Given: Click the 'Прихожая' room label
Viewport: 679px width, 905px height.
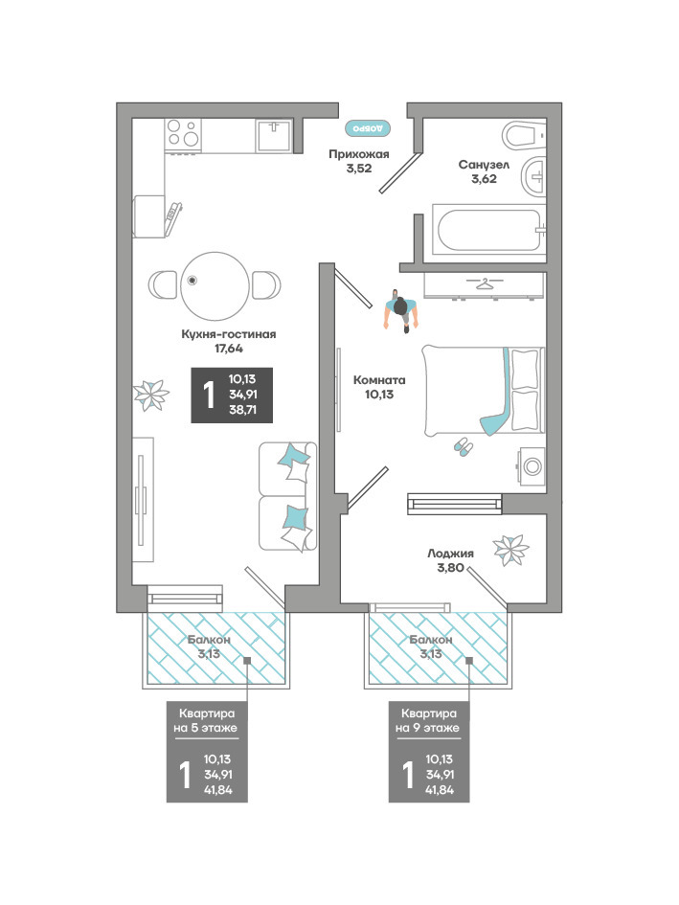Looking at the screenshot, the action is (358, 154).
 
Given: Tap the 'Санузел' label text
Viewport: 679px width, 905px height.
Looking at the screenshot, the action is (484, 165).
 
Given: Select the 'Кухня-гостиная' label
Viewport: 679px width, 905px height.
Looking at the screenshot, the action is (229, 334).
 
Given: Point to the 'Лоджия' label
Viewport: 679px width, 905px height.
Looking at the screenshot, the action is (450, 554).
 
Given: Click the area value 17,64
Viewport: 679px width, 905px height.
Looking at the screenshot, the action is (229, 349).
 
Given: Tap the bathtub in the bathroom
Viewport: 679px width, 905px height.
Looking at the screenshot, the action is (489, 230).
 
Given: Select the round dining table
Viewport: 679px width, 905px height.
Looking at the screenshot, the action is (215, 285).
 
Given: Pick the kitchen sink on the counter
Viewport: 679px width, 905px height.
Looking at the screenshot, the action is (274, 134).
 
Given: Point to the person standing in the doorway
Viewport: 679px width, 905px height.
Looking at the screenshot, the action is (400, 311).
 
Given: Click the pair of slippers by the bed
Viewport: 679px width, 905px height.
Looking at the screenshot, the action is (463, 446).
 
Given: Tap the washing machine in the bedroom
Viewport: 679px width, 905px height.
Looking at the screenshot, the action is (532, 466).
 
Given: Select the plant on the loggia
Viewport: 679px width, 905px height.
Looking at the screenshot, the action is (511, 550).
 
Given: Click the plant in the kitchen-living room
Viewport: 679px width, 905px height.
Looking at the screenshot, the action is (151, 396).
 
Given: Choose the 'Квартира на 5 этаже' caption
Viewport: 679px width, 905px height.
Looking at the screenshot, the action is (206, 721).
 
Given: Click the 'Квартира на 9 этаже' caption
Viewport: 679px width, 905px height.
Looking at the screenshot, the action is (428, 721).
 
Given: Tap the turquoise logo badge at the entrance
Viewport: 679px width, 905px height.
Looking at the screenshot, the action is (368, 128).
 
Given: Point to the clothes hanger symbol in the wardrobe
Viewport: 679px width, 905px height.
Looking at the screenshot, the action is (484, 283).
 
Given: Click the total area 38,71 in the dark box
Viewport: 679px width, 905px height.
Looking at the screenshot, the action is (242, 411).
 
